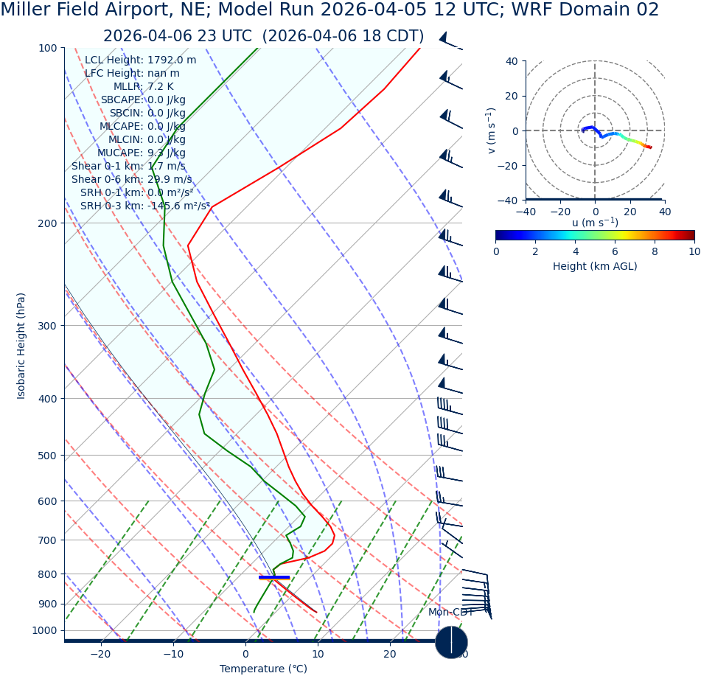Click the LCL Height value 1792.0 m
click(172, 60)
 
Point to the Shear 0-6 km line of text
click(131, 179)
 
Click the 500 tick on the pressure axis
click(47, 456)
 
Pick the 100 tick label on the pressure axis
click(47, 48)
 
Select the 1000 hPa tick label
click(44, 630)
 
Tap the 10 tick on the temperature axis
click(318, 654)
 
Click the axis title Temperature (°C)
click(263, 669)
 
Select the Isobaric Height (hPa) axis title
click(21, 346)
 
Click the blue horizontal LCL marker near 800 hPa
click(274, 576)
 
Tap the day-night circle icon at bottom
click(451, 642)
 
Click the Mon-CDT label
click(450, 613)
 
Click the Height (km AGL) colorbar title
click(595, 266)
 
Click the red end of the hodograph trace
click(650, 147)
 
